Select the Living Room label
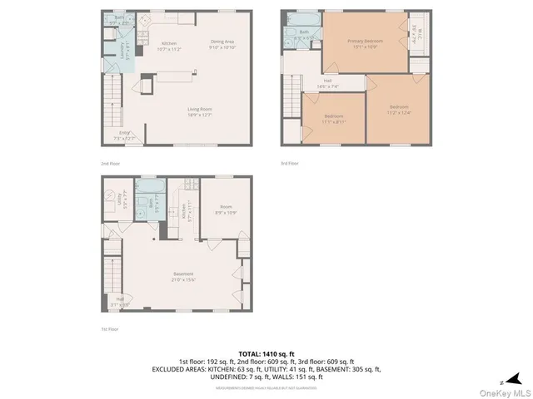199,109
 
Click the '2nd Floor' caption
110,164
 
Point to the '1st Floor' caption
110,329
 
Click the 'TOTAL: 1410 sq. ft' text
266,354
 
